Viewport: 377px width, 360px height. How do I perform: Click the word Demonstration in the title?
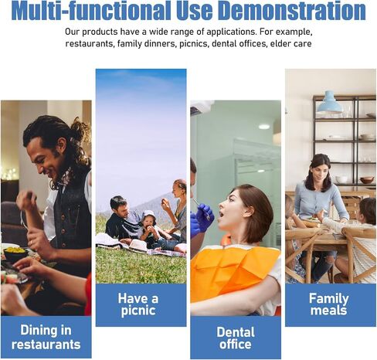coord(293,10)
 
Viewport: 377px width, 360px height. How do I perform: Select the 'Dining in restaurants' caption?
coord(46,337)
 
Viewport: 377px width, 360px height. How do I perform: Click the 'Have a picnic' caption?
coord(138,304)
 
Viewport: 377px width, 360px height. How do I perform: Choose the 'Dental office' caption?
coord(236,338)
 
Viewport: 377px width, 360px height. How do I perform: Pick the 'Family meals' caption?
coord(329,304)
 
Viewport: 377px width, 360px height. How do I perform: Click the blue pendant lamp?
coord(329,102)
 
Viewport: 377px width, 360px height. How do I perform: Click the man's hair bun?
coord(80,128)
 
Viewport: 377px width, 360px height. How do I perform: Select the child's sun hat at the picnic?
coord(148,216)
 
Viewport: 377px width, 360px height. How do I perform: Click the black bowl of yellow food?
coord(15,253)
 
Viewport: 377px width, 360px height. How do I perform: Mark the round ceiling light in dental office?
coord(264,126)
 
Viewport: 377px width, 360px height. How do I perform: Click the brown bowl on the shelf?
coord(367,180)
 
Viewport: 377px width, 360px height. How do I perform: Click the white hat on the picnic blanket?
coord(138,246)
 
